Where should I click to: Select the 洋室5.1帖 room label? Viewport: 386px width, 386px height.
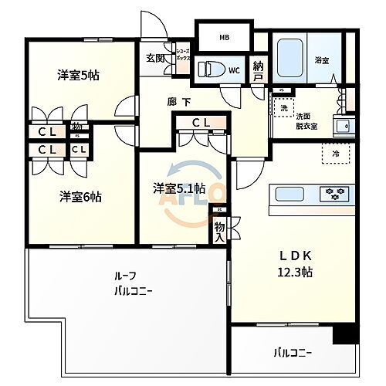coord(178,188)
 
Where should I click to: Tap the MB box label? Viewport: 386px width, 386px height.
coord(224,37)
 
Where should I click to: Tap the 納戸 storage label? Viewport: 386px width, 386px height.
coord(258,73)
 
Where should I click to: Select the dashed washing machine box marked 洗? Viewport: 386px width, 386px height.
coord(285,107)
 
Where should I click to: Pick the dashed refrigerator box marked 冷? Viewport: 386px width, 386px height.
coord(334,152)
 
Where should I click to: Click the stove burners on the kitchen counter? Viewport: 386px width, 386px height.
coord(337,191)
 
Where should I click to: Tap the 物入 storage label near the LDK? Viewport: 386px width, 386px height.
coord(219,232)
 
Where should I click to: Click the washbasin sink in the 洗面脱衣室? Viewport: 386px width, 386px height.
coord(340,125)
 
